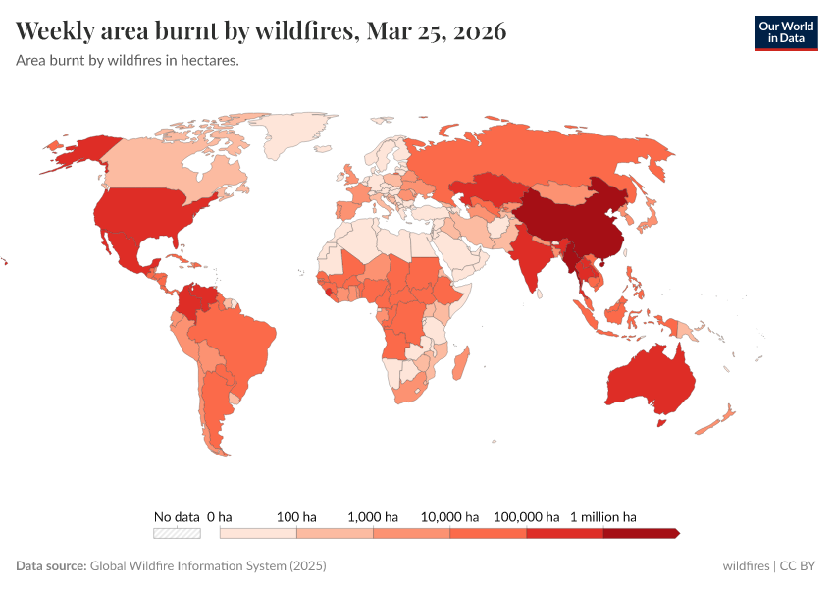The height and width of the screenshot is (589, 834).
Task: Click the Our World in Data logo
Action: [x=785, y=32]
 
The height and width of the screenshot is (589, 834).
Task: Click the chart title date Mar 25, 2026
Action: [x=436, y=31]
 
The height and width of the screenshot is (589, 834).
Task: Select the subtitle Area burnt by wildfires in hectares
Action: [x=128, y=61]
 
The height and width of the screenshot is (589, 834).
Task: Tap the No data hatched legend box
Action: [x=177, y=533]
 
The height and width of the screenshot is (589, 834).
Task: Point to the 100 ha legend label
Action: [x=296, y=516]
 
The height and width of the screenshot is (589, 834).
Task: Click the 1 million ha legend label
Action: [x=602, y=516]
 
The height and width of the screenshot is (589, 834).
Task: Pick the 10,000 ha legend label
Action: [x=449, y=516]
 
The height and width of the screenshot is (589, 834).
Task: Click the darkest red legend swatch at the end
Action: [x=639, y=533]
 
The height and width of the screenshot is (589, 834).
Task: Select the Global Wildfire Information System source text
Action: [x=207, y=566]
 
